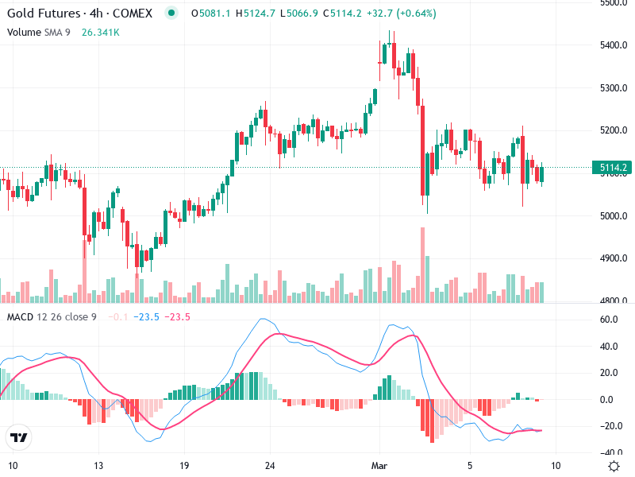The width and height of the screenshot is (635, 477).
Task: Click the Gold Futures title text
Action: [43, 14]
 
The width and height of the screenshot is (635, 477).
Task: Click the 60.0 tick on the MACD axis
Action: [610, 320]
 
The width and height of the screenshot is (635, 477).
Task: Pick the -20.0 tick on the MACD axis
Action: [610, 426]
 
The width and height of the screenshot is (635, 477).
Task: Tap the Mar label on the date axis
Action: [379, 465]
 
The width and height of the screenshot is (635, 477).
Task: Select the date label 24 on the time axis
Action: [270, 465]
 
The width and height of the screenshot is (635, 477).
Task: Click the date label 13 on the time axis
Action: [98, 465]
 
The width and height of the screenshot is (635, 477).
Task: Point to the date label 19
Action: [183, 465]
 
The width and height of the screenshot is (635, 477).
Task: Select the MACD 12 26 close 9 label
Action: [53, 317]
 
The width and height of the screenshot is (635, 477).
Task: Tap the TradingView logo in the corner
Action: [18, 437]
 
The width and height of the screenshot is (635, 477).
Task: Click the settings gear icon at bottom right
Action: [614, 465]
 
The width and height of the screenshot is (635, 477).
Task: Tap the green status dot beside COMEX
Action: [171, 14]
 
